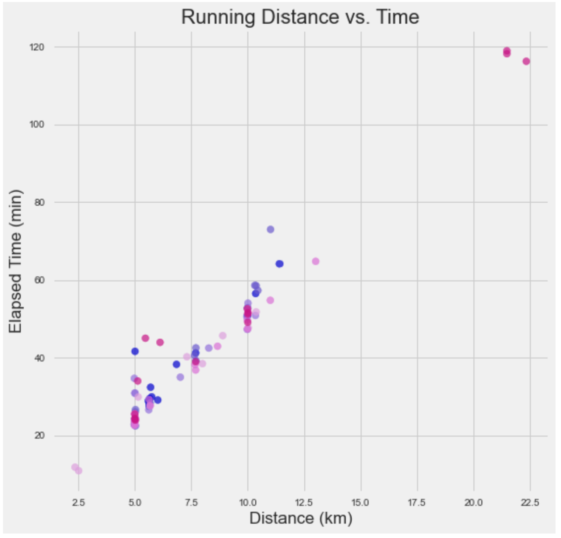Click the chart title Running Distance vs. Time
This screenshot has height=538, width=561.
(300, 17)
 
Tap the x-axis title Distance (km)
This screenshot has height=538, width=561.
(300, 518)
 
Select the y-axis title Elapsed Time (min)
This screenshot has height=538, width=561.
(16, 261)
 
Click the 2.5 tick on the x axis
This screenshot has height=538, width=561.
(78, 503)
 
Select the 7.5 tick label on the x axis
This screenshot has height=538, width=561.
(191, 503)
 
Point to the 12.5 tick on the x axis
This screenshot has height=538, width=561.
(304, 503)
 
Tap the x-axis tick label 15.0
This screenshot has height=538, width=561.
(361, 503)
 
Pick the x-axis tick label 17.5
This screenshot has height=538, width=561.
(417, 503)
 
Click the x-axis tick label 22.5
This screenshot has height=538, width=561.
(530, 503)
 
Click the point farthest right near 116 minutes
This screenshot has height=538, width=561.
(526, 61)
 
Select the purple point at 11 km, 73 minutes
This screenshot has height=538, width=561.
(270, 229)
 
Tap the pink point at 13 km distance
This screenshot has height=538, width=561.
(316, 261)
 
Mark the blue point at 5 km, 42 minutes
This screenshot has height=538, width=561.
(135, 351)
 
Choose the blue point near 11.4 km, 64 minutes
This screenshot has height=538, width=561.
(280, 264)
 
